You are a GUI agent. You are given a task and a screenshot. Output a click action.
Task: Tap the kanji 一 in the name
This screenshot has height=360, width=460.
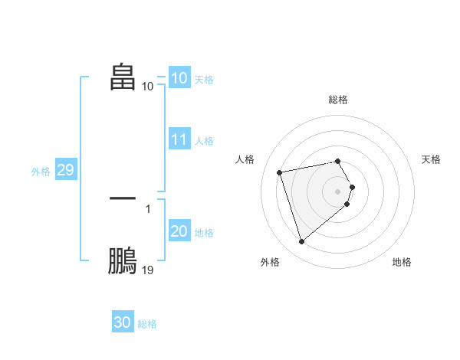coord(123,198)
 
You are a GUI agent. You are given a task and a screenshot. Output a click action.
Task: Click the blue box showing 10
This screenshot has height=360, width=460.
coord(179,78)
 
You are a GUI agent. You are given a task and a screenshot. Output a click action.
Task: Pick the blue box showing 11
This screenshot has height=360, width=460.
coord(179,139)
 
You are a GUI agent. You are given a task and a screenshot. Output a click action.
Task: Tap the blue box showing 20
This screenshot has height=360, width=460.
coord(179,231)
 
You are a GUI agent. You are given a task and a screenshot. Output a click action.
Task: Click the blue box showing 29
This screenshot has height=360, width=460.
coord(65,170)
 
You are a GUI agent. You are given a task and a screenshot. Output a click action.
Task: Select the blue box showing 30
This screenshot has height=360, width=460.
coord(122,322)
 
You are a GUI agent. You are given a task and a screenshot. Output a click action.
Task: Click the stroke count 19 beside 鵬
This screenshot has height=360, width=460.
coord(148,270)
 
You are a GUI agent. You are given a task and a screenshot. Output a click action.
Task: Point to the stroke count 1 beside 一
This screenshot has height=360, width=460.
coord(148,208)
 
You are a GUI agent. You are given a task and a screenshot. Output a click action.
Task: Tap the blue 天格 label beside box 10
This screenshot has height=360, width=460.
coord(204,80)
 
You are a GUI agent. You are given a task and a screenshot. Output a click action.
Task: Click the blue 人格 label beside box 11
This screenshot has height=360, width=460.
coord(204,141)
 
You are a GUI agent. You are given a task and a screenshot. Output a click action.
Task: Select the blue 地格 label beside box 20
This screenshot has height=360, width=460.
coord(204,233)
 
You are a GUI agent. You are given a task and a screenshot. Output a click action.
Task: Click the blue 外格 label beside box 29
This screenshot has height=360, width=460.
coord(41,172)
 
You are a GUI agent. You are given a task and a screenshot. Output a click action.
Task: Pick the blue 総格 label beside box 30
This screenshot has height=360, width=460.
coord(147,324)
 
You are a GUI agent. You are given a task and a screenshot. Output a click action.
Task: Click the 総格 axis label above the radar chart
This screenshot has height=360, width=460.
coord(338,100)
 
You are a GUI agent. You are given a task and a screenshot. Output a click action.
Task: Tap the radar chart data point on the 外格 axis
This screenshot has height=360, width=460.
coord(302,241)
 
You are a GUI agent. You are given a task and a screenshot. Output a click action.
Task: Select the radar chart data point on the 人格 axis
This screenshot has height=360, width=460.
coord(280,172)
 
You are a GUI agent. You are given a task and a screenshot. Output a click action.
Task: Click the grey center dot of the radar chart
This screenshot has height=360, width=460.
coord(338,191)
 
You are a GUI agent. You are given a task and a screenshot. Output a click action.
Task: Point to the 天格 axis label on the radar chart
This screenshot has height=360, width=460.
coord(431,159)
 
